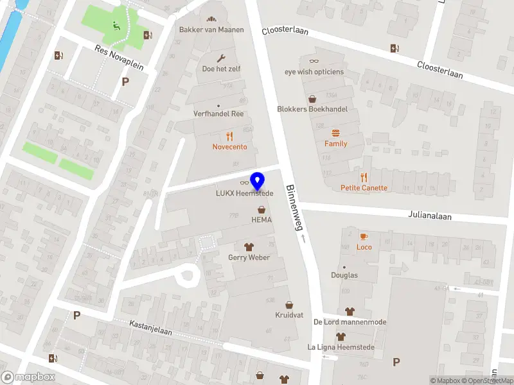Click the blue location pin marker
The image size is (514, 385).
258,181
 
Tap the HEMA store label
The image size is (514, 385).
261,220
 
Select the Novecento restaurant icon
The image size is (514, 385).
229,136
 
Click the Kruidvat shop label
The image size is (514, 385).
289,315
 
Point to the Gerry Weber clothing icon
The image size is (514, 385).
249,246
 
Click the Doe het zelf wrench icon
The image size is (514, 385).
221,58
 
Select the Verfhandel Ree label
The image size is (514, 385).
219,114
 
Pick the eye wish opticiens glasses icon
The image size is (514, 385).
314,61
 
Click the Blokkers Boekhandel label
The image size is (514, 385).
312,109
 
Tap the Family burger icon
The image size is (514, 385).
335,133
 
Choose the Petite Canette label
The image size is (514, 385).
364,188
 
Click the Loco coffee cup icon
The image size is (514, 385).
364,236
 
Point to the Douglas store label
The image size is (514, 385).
344,275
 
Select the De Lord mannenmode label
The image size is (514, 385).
350,321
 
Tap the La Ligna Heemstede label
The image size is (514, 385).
341,347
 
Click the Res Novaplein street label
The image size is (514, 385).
119,58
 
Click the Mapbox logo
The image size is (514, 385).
28,377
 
